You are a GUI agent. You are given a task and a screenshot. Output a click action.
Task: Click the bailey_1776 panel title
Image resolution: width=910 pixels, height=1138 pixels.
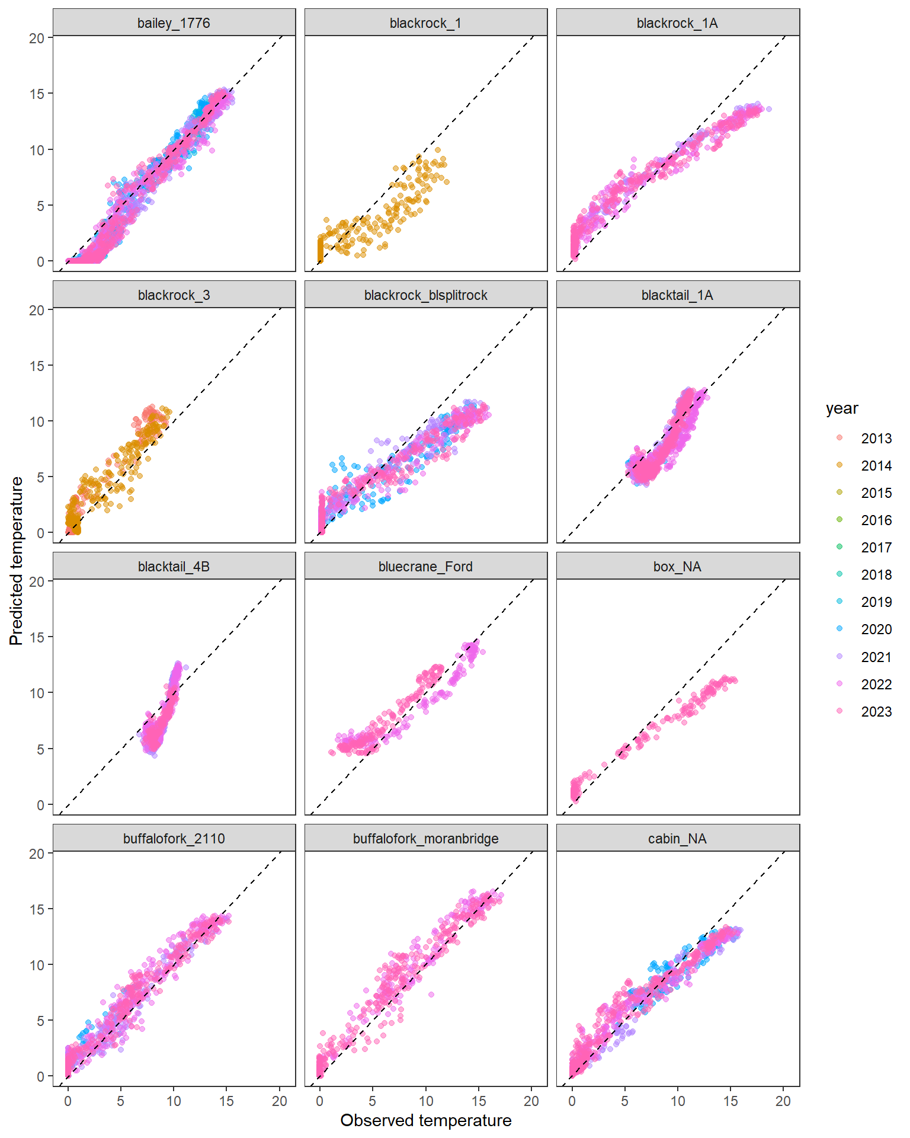(x=174, y=23)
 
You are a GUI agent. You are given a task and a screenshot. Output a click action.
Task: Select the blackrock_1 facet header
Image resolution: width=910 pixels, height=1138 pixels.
(x=425, y=23)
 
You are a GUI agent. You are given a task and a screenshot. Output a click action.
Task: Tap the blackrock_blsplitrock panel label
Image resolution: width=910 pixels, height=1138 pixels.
(x=425, y=295)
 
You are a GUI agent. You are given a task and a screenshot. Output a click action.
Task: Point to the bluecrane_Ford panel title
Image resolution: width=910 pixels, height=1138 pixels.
(x=425, y=567)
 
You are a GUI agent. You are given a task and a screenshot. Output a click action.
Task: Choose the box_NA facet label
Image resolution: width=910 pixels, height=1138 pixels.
(x=677, y=567)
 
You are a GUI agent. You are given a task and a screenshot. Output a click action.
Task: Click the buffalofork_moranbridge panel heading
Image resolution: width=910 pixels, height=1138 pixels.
(x=425, y=839)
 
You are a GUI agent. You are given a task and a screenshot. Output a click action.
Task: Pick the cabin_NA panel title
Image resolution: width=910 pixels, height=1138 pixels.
(x=677, y=839)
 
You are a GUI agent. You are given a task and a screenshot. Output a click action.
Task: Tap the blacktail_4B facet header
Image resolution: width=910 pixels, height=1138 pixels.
(x=174, y=567)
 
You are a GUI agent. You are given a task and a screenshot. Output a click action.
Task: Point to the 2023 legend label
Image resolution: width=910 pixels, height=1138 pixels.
(x=876, y=711)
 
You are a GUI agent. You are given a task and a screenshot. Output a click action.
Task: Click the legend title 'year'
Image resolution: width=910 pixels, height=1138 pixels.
(x=842, y=408)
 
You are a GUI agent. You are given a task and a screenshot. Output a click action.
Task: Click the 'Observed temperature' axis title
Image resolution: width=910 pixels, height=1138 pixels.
(x=425, y=1120)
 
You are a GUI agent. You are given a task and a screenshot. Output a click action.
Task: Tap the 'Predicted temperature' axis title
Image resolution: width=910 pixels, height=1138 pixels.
(x=17, y=561)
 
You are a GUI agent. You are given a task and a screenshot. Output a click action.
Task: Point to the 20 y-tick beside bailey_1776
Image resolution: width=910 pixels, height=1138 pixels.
(x=37, y=38)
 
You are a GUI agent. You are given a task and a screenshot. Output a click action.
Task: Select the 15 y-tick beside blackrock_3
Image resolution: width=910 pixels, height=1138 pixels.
(x=37, y=366)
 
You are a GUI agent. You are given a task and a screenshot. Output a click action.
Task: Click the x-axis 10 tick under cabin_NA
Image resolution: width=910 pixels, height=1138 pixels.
(x=677, y=1101)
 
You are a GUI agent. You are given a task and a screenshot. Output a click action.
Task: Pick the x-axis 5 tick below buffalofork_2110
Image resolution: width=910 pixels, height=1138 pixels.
(x=120, y=1101)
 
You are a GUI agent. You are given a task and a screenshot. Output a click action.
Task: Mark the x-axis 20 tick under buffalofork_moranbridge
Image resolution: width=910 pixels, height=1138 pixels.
(x=531, y=1101)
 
